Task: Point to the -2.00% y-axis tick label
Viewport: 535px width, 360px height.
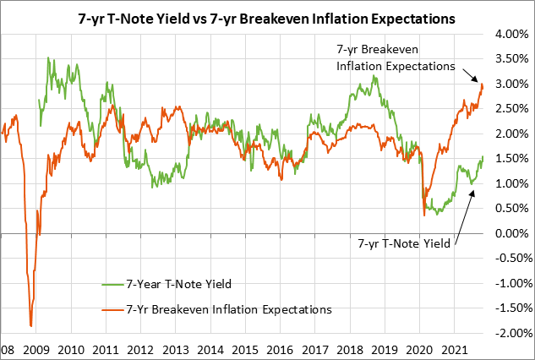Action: tap(510, 333)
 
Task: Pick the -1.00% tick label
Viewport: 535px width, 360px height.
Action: tap(510, 283)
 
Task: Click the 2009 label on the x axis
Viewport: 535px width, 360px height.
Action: tap(35, 349)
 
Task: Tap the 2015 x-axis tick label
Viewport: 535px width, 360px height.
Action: tap(246, 349)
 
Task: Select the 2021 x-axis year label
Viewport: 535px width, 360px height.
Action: tap(456, 349)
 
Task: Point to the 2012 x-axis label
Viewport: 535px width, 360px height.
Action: tap(140, 349)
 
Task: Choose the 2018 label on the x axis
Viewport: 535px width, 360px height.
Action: tap(351, 349)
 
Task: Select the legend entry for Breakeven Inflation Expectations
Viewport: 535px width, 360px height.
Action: tap(228, 309)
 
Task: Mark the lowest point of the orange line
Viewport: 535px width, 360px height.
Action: tap(30, 325)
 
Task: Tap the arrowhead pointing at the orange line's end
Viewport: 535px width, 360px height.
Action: tap(480, 82)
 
